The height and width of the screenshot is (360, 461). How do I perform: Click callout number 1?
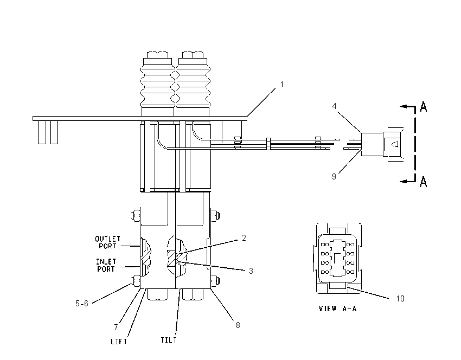pyautogui.click(x=281, y=85)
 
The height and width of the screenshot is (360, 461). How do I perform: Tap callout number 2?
pyautogui.click(x=244, y=238)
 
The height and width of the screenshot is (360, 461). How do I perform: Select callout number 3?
pyautogui.click(x=251, y=271)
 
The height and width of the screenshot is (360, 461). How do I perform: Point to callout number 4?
pyautogui.click(x=334, y=106)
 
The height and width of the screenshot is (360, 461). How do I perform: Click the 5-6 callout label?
pyautogui.click(x=82, y=304)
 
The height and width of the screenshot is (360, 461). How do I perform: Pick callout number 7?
pyautogui.click(x=116, y=327)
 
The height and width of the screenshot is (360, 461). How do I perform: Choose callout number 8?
pyautogui.click(x=238, y=325)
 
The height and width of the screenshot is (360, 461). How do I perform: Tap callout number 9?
pyautogui.click(x=334, y=176)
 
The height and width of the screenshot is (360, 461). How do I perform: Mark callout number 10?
pyautogui.click(x=400, y=299)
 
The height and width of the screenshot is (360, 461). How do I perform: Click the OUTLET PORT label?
pyautogui.click(x=107, y=242)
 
